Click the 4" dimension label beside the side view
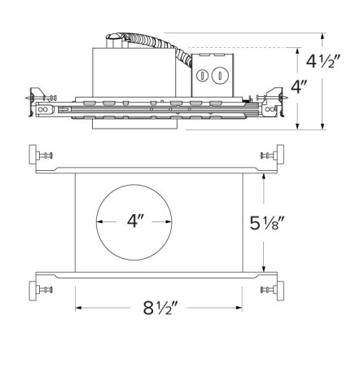coord(300,87)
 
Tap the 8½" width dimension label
coord(160,309)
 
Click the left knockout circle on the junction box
coord(200,77)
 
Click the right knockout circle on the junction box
coord(217,77)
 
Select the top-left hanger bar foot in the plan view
coord(37,155)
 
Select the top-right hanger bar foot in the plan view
coord(278,155)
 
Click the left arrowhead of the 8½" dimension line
coord(78,308)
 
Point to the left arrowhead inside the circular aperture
coord(99,221)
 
